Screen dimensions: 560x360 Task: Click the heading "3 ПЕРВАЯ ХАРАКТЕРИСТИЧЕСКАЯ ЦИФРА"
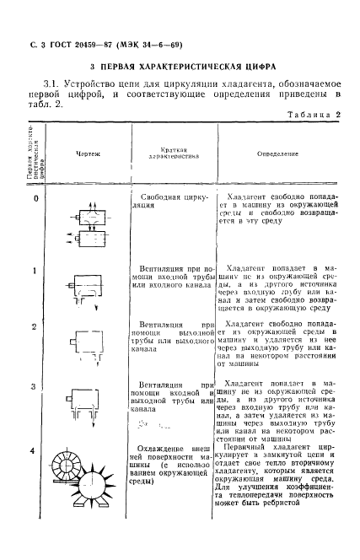click(x=180, y=65)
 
